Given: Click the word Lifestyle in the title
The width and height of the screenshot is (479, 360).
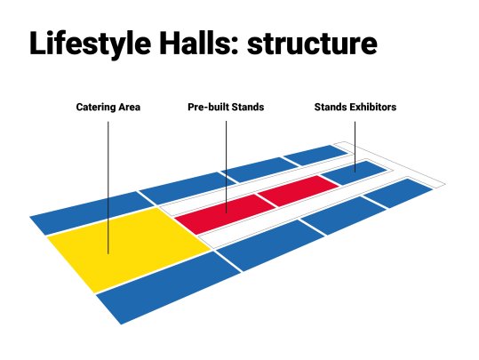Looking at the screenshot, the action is [x=90, y=44].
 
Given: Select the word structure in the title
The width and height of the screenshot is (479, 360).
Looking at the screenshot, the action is [x=312, y=44].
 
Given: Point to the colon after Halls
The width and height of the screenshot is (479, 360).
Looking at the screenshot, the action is [x=235, y=46].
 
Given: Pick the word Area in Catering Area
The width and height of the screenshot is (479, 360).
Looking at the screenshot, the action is [x=130, y=107].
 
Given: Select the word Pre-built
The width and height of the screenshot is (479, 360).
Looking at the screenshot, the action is [x=208, y=107].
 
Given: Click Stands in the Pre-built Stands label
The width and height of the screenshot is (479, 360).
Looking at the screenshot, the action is [x=248, y=107].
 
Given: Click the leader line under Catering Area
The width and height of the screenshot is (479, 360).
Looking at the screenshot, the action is [x=108, y=188].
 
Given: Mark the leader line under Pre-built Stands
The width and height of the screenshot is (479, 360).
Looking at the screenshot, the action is [x=226, y=167].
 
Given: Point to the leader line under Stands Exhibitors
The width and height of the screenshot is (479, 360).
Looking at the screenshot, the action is [x=355, y=147].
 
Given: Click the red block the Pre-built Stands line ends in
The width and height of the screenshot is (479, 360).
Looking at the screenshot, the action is [x=226, y=214].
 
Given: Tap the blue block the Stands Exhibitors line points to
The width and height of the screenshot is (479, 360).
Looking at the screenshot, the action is [x=355, y=172].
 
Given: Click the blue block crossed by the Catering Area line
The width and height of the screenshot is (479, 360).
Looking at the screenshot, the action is [x=92, y=212].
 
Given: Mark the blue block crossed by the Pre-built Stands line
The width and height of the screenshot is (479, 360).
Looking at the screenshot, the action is [x=188, y=188].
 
